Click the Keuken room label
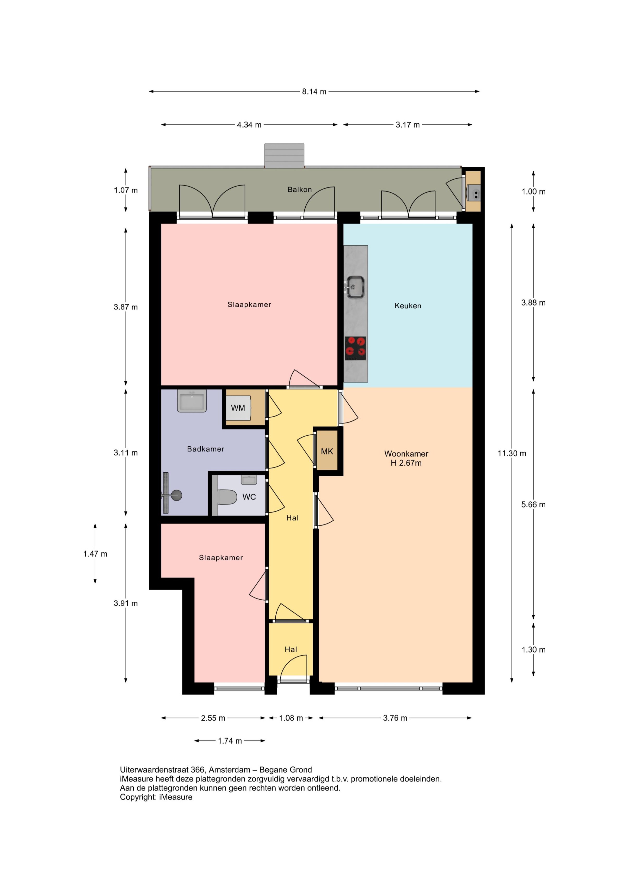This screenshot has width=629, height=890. [408, 306]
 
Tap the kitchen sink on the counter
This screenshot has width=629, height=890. [355, 287]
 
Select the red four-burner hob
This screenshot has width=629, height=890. [355, 348]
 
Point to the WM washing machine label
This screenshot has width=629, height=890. [238, 408]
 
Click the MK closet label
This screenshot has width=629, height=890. [327, 451]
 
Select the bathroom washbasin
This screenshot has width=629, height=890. [192, 401]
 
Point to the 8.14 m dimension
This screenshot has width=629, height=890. [314, 92]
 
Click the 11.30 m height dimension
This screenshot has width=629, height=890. [512, 453]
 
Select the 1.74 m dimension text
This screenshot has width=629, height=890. [230, 741]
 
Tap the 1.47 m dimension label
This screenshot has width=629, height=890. [95, 554]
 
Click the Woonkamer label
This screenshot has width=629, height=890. [406, 454]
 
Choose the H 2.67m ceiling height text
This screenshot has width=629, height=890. [406, 463]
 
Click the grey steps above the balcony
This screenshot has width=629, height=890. [285, 156]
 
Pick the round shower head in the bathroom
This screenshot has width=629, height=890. [177, 495]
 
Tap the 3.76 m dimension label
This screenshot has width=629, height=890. [395, 718]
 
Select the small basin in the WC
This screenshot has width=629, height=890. [249, 479]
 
